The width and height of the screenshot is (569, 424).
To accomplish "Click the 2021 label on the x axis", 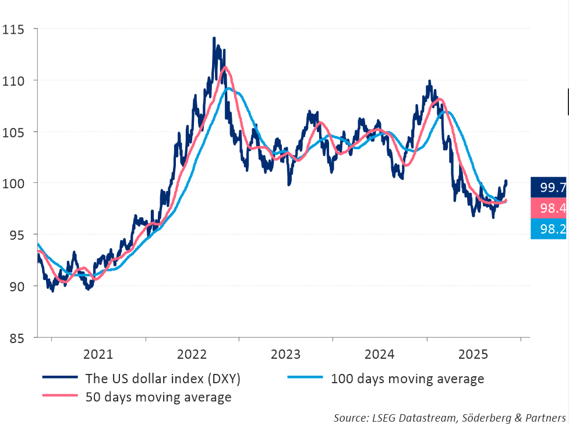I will click(98, 354).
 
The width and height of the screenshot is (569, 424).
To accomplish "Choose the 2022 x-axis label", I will click(192, 354).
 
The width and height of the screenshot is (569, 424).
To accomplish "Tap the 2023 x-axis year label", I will click(285, 354).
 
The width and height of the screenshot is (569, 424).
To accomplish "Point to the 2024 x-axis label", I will click(380, 354).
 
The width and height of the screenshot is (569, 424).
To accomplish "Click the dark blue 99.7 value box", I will click(549, 187).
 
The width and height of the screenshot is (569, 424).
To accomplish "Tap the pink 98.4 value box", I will click(549, 208).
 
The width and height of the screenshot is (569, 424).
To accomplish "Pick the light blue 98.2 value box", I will click(549, 229).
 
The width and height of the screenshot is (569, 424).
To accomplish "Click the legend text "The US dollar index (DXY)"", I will click(163, 379).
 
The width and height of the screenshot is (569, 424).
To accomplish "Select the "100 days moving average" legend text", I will click(407, 379).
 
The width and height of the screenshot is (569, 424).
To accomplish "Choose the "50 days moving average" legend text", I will click(158, 397).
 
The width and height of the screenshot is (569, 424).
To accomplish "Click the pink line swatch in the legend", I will click(60, 397).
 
